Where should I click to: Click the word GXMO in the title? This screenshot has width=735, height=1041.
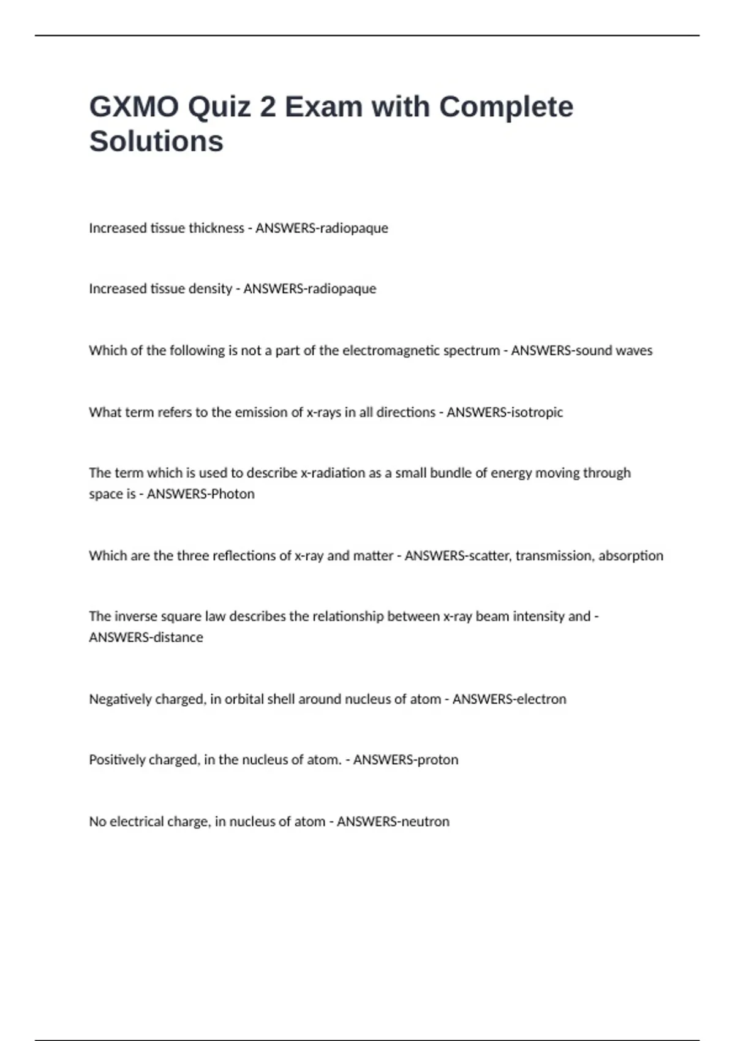[x=134, y=107]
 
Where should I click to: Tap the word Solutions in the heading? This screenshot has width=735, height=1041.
[x=156, y=141]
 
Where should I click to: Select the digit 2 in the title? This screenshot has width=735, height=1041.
[x=268, y=107]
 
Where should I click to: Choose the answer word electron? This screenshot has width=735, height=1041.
[x=541, y=699]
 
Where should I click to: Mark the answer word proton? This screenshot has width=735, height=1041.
[x=436, y=759]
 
